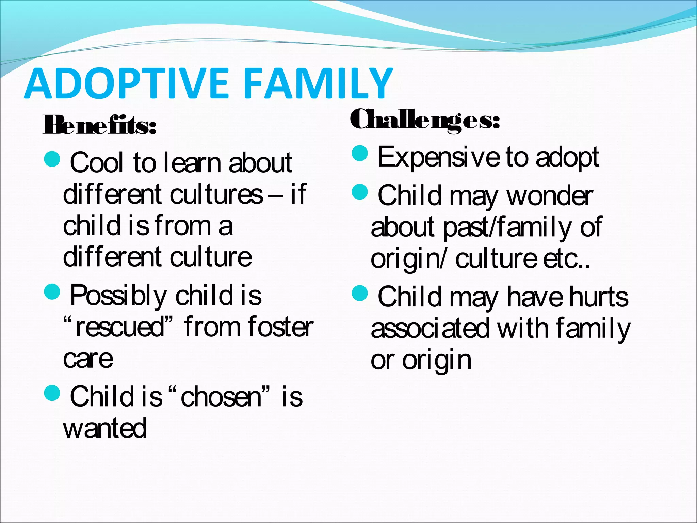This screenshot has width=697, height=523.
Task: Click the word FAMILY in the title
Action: pyautogui.click(x=318, y=83)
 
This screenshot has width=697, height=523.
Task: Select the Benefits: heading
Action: pyautogui.click(x=99, y=125)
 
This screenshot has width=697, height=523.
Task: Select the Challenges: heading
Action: pyautogui.click(x=425, y=120)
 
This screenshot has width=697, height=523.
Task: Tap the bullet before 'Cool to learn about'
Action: pyautogui.click(x=52, y=159)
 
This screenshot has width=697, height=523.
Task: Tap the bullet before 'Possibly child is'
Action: pyautogui.click(x=52, y=291)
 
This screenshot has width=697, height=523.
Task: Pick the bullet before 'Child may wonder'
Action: pyautogui.click(x=360, y=192)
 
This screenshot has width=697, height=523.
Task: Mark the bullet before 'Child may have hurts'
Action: pyautogui.click(x=360, y=293)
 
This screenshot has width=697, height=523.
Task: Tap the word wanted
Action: pyautogui.click(x=105, y=428)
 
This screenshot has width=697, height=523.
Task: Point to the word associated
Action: pyautogui.click(x=430, y=329)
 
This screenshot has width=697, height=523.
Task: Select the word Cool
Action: pyautogui.click(x=96, y=163)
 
